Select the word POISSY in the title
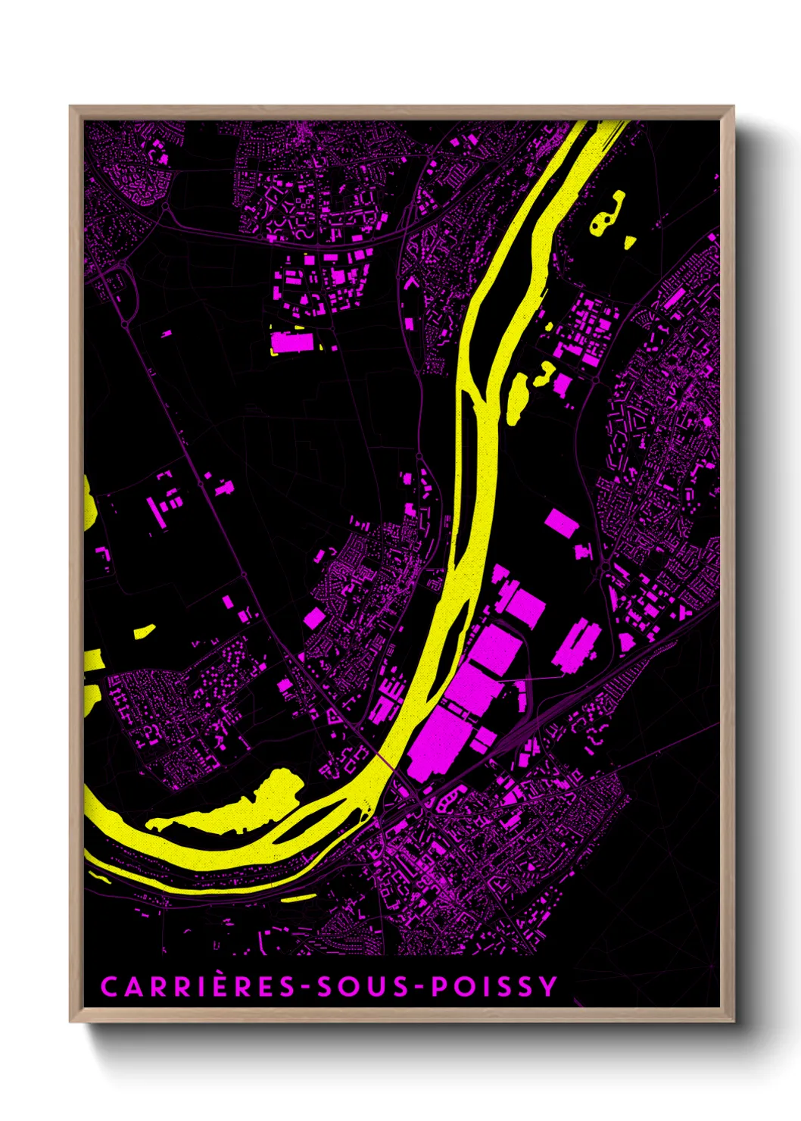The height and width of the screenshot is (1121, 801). pyautogui.click(x=494, y=987)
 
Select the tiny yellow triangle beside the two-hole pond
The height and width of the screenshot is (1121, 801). pyautogui.click(x=629, y=242)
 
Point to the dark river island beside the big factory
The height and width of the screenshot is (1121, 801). pyautogui.click(x=453, y=644)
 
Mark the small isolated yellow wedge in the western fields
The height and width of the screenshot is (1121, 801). pyautogui.click(x=144, y=630)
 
